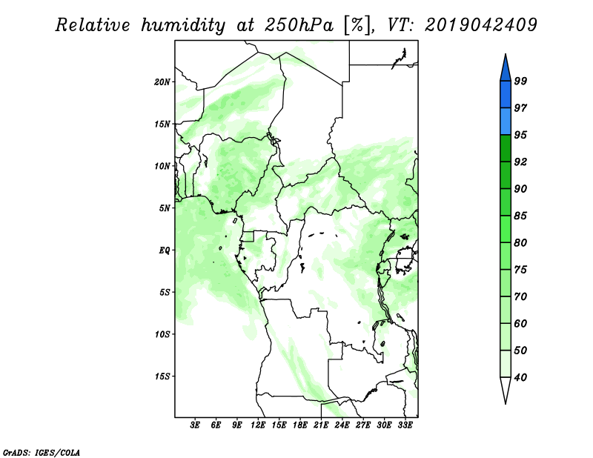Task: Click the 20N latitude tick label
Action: pyautogui.click(x=162, y=82)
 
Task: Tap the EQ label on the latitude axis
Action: pyautogui.click(x=164, y=250)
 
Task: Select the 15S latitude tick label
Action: pyautogui.click(x=162, y=376)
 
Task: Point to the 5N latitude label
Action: pyautogui.click(x=165, y=208)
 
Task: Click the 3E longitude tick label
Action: pyautogui.click(x=195, y=425)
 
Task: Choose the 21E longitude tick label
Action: pyautogui.click(x=321, y=425)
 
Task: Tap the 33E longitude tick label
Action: pyautogui.click(x=405, y=425)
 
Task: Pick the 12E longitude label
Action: pyautogui.click(x=258, y=425)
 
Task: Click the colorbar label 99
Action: pyautogui.click(x=520, y=81)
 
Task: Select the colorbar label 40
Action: pyautogui.click(x=520, y=377)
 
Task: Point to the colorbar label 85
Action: pyautogui.click(x=520, y=216)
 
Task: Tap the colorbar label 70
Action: pyautogui.click(x=520, y=296)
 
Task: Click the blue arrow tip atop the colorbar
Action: pyautogui.click(x=506, y=54)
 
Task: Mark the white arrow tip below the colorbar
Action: pyautogui.click(x=506, y=404)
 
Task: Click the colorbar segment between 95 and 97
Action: pyautogui.click(x=506, y=122)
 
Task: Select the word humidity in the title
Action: pyautogui.click(x=183, y=26)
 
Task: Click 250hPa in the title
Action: pyautogui.click(x=299, y=25)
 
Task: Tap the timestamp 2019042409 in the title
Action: pyautogui.click(x=480, y=25)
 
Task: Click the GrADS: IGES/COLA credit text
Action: pyautogui.click(x=42, y=453)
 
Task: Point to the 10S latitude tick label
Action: pyautogui.click(x=162, y=334)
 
